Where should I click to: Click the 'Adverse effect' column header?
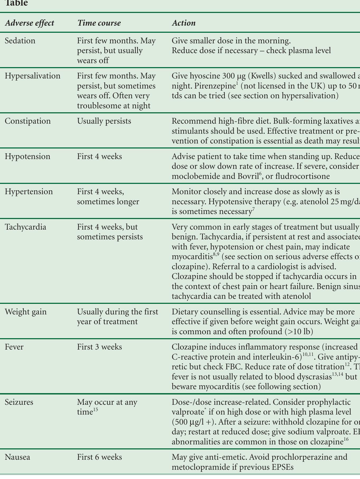30,23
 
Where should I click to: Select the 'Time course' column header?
99,23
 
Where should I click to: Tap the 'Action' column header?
184,23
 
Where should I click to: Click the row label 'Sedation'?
20,41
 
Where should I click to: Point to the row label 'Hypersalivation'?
33,76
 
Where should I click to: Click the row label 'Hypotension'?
27,156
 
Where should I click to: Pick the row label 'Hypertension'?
29,192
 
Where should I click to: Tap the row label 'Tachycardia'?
26,227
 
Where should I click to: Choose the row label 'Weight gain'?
26,312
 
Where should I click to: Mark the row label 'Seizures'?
19,402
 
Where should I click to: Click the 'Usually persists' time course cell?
104,121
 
